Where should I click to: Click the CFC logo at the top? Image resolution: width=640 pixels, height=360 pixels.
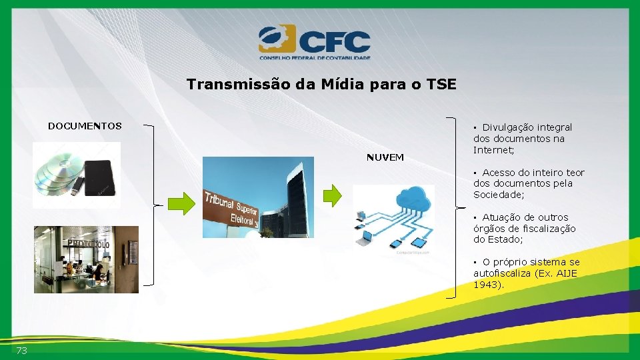(x=314, y=41)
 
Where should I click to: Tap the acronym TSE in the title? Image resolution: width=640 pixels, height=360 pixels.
(x=441, y=85)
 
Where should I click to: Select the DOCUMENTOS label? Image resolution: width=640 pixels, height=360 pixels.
(x=85, y=126)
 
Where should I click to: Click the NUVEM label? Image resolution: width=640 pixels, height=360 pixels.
(x=385, y=157)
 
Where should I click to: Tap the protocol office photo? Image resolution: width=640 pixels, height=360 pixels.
(x=86, y=259)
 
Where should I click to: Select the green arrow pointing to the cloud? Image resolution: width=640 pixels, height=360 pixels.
(x=332, y=194)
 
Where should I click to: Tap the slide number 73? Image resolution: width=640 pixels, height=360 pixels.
(x=22, y=351)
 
